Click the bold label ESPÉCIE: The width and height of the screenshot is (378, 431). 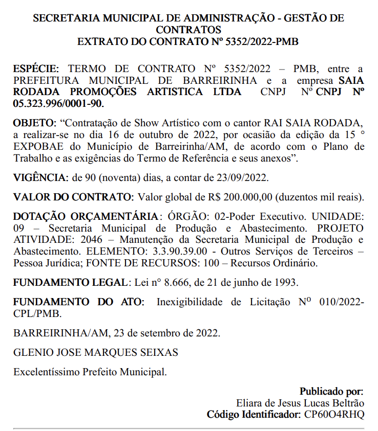tap(36, 69)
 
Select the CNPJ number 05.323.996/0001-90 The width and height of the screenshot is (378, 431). tap(58, 104)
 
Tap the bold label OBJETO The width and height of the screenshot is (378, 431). tap(34, 124)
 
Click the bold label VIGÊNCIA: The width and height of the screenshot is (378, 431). tap(40, 177)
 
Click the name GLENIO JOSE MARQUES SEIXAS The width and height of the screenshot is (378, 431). tap(95, 352)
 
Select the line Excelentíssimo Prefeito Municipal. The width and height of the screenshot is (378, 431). tap(90, 371)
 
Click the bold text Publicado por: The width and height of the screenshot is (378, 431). tap(331, 392)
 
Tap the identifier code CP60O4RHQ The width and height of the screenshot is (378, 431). tap(334, 414)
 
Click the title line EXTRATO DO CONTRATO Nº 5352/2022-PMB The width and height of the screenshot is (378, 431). tap(188, 41)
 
